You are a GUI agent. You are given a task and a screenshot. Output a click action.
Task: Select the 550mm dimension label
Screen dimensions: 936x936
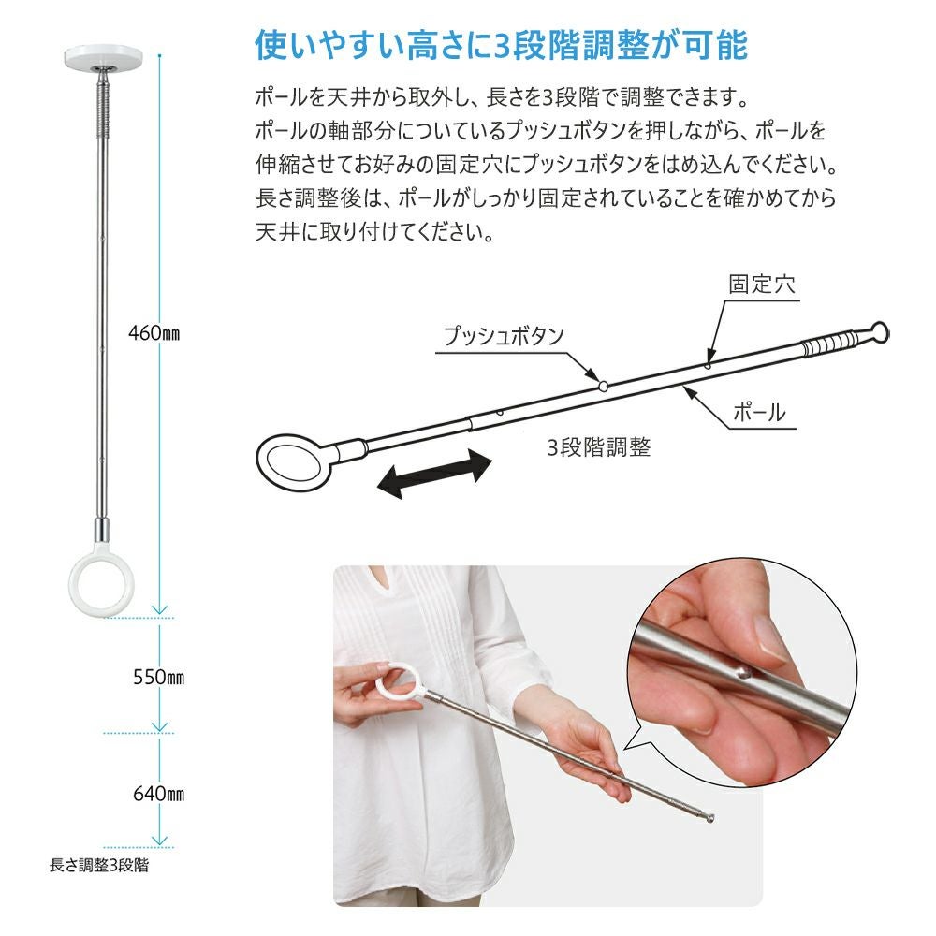point(156,676)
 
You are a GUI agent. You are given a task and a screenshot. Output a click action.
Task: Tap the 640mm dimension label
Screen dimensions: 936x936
point(156,794)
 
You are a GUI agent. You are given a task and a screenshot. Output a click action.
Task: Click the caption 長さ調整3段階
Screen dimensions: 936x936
point(99,866)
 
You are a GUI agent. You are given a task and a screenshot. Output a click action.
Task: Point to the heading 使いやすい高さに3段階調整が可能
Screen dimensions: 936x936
point(501,44)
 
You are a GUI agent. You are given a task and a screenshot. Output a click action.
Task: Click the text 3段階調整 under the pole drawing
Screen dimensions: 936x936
point(599,447)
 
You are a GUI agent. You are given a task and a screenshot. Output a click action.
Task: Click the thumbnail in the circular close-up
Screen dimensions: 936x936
point(769,639)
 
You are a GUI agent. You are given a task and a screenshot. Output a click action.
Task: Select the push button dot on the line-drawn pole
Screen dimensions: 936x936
point(604,384)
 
